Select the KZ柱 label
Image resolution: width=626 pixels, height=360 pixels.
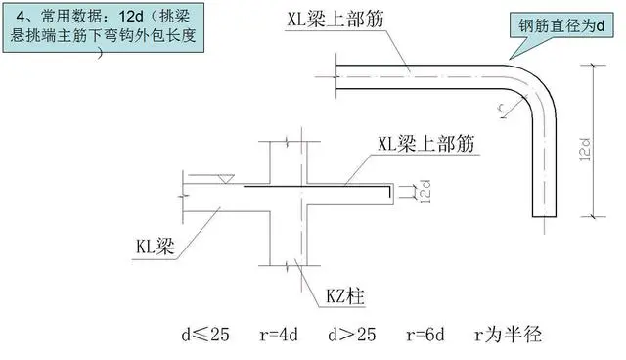346,292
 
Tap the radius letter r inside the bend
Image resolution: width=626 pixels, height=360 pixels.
504,105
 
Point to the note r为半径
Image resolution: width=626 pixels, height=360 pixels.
513,335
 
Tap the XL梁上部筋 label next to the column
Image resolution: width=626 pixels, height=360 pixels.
425,144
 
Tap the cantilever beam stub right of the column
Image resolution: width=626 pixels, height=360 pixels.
368,196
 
